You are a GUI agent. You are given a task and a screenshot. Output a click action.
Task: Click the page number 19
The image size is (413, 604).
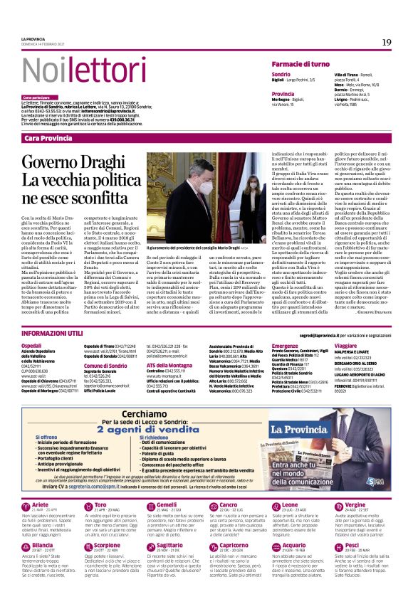coord(386,43)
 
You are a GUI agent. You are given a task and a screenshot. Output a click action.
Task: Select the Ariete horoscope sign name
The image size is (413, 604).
coord(41,504)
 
